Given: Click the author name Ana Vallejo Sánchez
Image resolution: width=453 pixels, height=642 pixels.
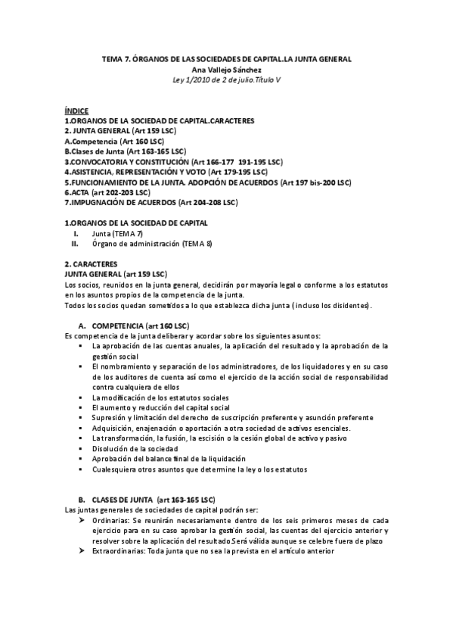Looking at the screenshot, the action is coord(226,69).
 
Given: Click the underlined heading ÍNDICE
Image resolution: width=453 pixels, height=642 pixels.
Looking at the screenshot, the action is coord(76,111).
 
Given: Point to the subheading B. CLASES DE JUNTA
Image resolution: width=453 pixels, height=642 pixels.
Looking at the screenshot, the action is coord(147,500).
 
